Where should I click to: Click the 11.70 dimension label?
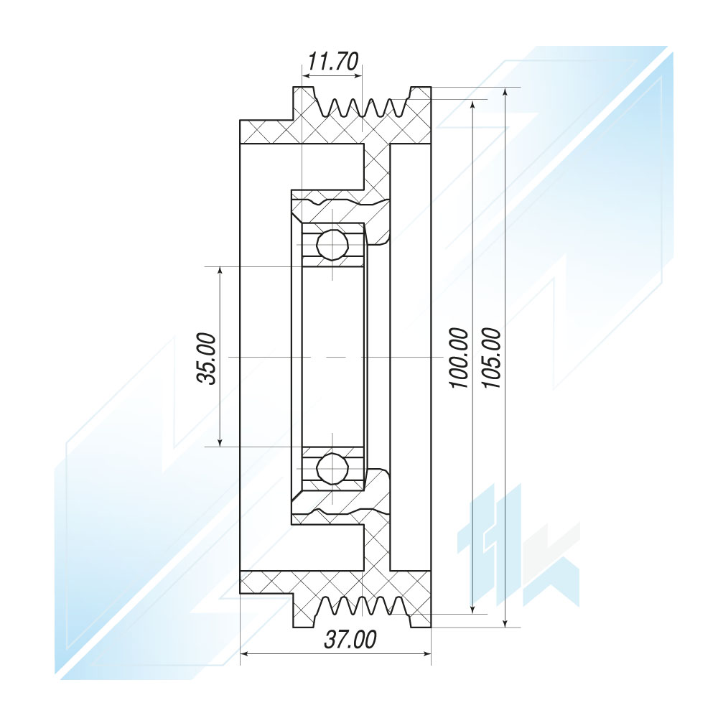332,61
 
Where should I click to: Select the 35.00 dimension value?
207,358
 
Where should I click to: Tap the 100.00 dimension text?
460,358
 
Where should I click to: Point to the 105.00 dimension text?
493,358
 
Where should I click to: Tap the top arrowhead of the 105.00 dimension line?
505,93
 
